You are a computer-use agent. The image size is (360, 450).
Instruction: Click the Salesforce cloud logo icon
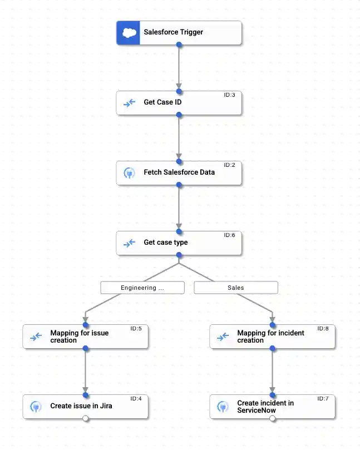128,33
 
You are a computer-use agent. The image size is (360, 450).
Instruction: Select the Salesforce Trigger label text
173,32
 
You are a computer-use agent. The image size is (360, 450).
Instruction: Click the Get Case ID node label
162,102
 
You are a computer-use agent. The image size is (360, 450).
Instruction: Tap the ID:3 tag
229,95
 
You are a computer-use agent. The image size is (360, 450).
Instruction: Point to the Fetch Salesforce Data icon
129,173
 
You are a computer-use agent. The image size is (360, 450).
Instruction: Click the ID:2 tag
229,165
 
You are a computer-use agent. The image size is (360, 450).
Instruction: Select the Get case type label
165,243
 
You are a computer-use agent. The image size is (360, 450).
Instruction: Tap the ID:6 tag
229,235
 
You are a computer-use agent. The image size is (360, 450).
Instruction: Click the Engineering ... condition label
142,288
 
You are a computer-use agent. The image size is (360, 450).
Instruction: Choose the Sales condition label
235,288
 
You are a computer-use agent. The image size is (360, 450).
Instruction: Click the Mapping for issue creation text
79,337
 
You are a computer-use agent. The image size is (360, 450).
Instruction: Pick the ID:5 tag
136,329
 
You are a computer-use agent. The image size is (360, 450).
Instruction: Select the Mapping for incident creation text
270,337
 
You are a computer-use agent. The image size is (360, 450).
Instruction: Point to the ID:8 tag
323,329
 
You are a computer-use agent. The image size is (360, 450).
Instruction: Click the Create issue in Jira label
81,406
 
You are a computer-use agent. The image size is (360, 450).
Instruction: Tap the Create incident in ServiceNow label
265,407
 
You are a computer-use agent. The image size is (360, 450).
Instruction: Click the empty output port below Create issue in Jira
86,419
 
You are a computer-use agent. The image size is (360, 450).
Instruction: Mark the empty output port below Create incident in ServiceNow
273,419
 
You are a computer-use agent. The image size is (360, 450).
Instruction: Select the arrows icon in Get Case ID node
129,103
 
